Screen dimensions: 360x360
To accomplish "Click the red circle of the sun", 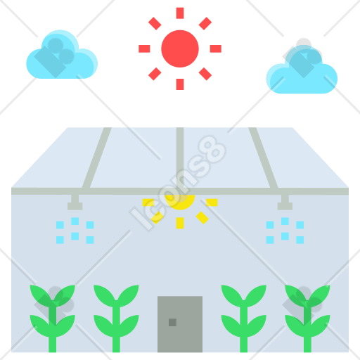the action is coord(180,49).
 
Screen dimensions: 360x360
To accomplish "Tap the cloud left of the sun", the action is coord(62,54).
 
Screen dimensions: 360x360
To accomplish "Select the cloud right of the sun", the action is coord(302,70).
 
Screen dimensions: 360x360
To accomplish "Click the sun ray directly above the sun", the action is coord(180,13).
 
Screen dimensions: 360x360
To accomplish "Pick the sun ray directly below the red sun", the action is coord(180,84).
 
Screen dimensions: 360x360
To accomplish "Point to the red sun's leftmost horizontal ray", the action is coord(144,49).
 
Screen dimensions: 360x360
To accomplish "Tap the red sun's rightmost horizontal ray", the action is coord(216,49).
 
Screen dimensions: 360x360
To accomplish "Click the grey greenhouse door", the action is coord(180,324).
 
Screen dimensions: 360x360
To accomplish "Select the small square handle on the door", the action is coord(172,323).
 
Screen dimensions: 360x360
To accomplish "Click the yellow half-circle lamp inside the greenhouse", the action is coord(180,202).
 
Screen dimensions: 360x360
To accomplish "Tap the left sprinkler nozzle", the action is coord(75,202).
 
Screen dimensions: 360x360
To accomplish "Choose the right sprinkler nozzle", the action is coord(285,202).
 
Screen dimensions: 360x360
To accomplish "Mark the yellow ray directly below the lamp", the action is coord(180,223).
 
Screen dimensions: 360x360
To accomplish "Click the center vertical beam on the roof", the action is coord(180,157).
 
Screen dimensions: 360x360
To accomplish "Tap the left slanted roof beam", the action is coord(97,157).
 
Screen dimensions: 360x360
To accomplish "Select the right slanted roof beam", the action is coord(263,157).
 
